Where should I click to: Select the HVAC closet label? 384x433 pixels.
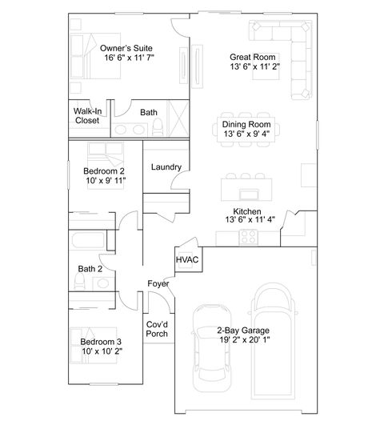click(186, 260)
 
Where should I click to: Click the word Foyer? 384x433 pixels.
click(157, 284)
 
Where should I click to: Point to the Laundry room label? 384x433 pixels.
click(166, 167)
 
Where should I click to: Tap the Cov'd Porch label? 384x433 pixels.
click(157, 329)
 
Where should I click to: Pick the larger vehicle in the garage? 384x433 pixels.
click(273, 340)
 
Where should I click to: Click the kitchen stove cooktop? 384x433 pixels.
click(247, 236)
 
